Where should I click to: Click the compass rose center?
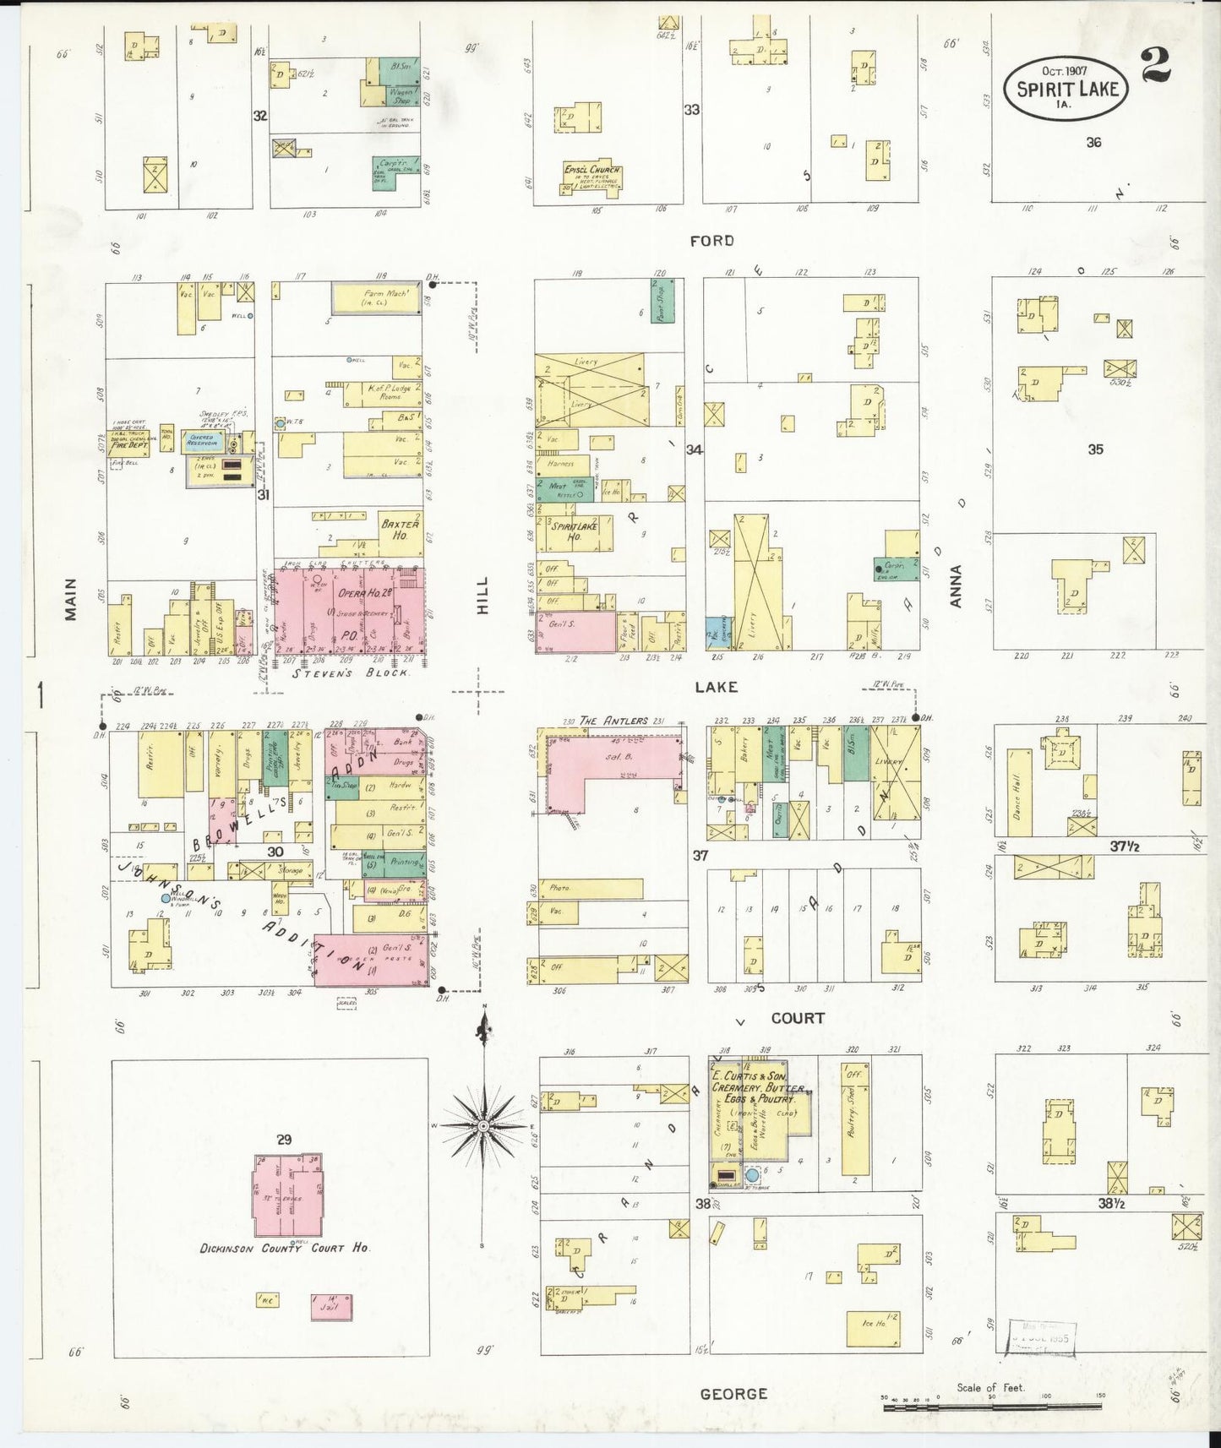click(x=482, y=1126)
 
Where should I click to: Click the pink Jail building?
click(x=330, y=1307)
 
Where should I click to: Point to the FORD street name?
click(x=711, y=241)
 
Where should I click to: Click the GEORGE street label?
click(x=733, y=1394)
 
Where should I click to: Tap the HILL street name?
click(x=482, y=595)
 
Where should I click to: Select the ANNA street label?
click(x=956, y=585)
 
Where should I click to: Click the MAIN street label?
click(x=71, y=598)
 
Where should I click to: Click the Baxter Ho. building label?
click(x=400, y=529)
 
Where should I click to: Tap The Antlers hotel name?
click(x=613, y=721)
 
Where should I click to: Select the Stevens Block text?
click(x=350, y=673)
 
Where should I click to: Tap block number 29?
click(x=283, y=1140)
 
